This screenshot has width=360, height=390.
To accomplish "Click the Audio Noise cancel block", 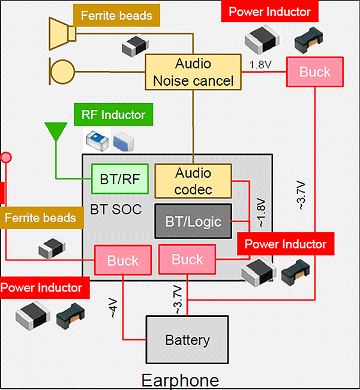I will click(x=193, y=72).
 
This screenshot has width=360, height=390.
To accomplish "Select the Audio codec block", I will click(x=193, y=181).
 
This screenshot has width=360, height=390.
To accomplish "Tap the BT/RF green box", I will click(x=120, y=178).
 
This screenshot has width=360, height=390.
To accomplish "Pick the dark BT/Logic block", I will click(x=193, y=221).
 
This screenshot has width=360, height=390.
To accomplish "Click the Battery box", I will click(x=187, y=340).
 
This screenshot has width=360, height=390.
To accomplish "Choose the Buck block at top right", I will click(x=315, y=72).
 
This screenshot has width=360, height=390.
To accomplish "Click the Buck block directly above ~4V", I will click(x=122, y=261).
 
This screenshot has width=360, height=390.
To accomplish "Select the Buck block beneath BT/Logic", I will click(x=187, y=259).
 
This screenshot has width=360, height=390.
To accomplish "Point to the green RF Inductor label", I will click(x=113, y=114).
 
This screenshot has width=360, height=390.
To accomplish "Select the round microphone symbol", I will click(x=61, y=71).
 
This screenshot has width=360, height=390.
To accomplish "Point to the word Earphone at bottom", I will click(x=179, y=380).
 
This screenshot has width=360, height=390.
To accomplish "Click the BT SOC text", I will click(x=116, y=211).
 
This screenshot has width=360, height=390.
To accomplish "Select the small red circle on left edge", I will click(x=6, y=157).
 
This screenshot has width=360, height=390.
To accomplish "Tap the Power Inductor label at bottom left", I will click(x=41, y=287).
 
